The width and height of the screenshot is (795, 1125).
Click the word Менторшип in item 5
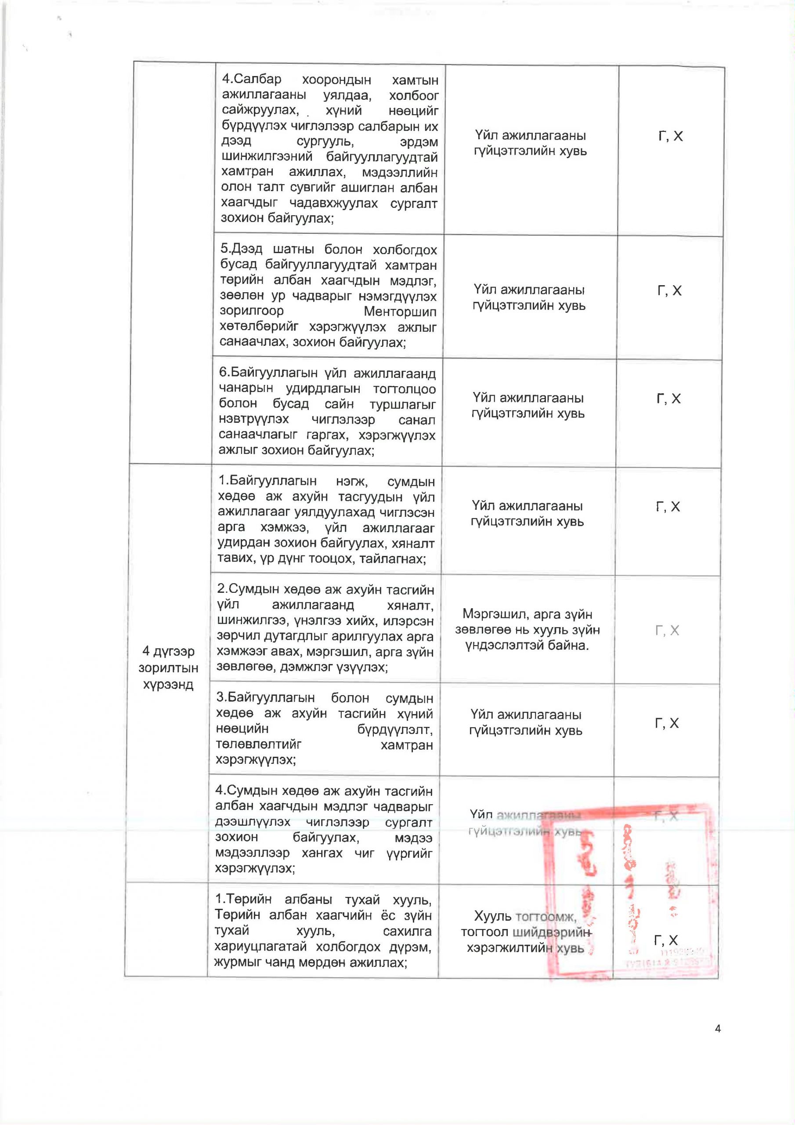click(400, 312)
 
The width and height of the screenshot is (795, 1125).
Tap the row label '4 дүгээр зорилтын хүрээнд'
click(168, 668)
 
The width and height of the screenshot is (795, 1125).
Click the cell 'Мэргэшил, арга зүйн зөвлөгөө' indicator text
click(527, 630)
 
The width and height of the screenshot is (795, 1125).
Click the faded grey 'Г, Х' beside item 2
click(667, 630)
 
